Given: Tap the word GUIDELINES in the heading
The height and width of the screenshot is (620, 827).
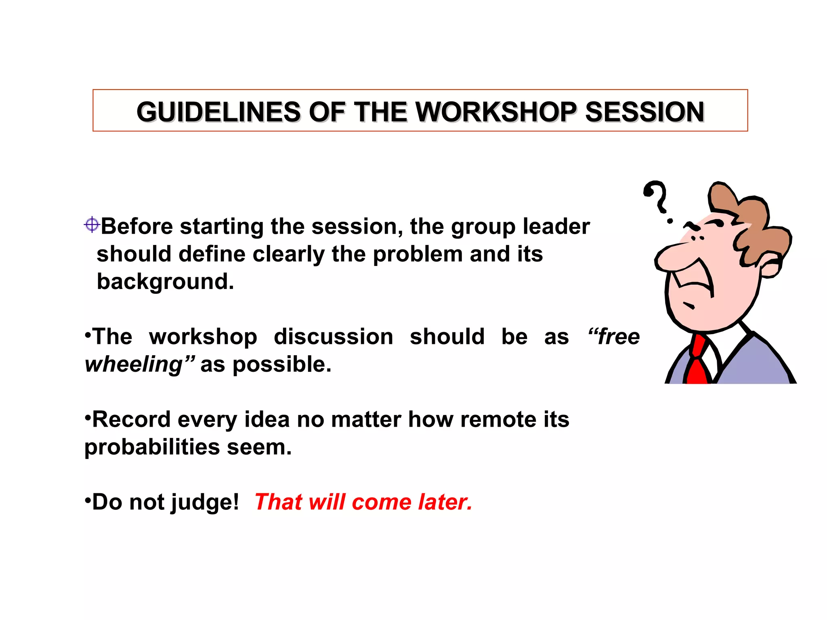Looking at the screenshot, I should pyautogui.click(x=218, y=112).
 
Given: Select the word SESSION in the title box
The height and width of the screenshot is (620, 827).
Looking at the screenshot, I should pyautogui.click(x=644, y=112).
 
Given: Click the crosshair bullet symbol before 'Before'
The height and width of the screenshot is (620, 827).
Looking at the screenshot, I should pyautogui.click(x=92, y=224).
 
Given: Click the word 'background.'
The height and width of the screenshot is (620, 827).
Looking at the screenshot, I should pyautogui.click(x=165, y=281).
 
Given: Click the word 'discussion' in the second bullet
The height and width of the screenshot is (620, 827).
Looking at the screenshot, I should pyautogui.click(x=333, y=337).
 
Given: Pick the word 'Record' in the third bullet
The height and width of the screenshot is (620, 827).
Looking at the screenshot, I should pyautogui.click(x=131, y=419).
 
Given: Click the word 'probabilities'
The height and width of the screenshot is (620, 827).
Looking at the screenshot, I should pyautogui.click(x=152, y=447).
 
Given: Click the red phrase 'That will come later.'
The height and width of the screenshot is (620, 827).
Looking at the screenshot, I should pyautogui.click(x=363, y=502).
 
